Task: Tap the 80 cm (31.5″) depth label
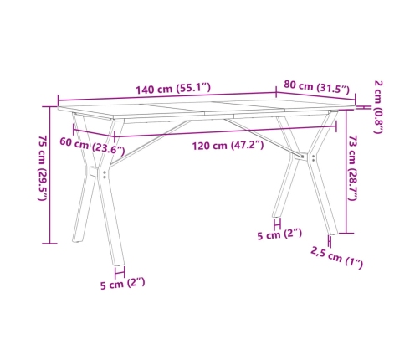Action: pyautogui.click(x=315, y=85)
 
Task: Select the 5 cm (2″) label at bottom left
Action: pyautogui.click(x=122, y=283)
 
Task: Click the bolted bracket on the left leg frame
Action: pyautogui.click(x=96, y=172)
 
